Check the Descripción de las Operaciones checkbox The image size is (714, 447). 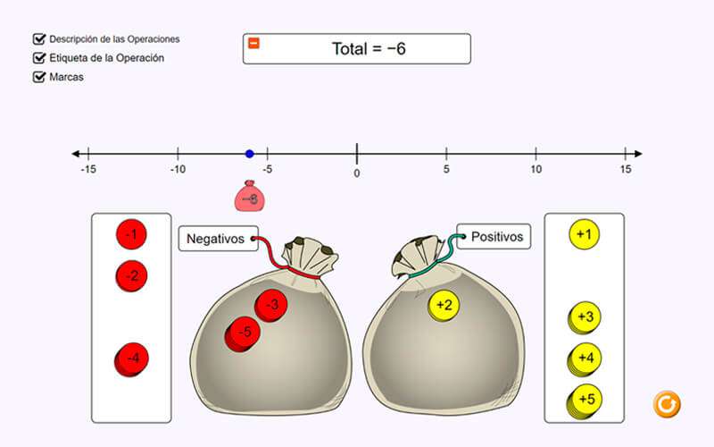[39, 39]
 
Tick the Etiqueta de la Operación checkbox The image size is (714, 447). [39, 58]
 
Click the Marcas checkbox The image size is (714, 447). [39, 77]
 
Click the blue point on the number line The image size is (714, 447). [250, 154]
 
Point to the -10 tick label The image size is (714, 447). [178, 169]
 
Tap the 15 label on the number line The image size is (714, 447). [626, 169]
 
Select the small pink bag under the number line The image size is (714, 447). [250, 196]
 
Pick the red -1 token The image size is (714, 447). [131, 234]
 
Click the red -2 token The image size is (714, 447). [131, 276]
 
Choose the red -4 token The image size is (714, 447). [131, 359]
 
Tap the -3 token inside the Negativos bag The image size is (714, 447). [271, 305]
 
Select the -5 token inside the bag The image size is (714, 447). [243, 333]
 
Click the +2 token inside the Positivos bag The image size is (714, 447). [444, 305]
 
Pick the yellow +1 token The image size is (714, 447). [585, 234]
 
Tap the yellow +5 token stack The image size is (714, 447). [585, 401]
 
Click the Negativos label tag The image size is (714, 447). [218, 239]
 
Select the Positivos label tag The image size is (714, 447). [494, 237]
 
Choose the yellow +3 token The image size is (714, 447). [585, 317]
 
